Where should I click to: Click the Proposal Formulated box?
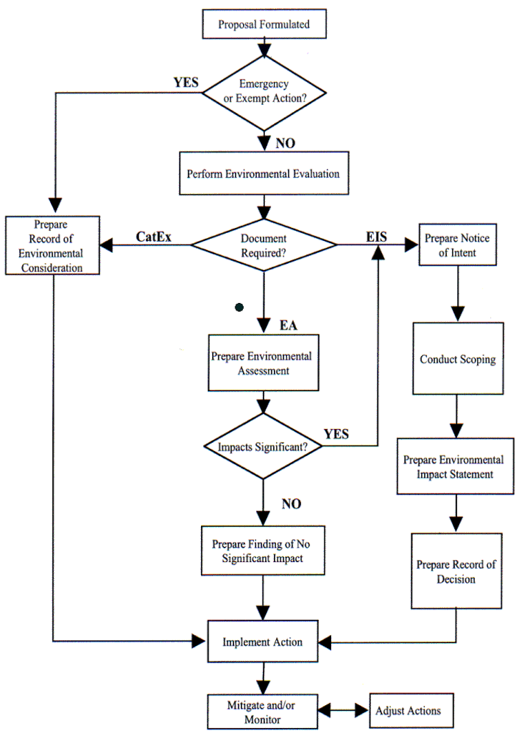pos(264,25)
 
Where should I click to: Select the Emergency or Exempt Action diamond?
pos(264,92)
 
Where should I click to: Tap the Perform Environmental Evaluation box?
pos(264,173)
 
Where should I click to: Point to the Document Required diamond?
pos(264,244)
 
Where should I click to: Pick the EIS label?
pos(377,237)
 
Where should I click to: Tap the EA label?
pos(288,326)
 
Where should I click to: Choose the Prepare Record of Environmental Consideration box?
pos(52,246)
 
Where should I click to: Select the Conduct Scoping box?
pos(458,359)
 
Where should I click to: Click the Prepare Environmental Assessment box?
pos(262,363)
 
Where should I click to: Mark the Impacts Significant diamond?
pos(263,446)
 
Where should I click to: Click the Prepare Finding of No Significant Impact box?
pos(263,551)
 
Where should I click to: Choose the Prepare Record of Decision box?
pos(456,571)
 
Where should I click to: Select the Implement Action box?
pos(262,642)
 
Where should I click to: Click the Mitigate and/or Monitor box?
pos(262,711)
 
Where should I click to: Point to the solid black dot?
pos(240,307)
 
